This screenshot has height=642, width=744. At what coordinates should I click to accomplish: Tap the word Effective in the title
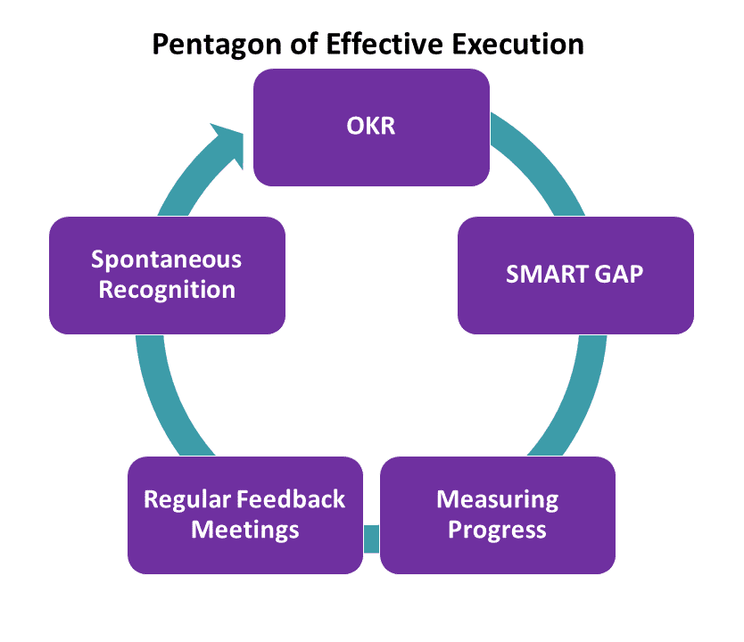pos(384,44)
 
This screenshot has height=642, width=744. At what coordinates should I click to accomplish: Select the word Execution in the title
pos(517,44)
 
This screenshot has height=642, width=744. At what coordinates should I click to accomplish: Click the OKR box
pos(371,128)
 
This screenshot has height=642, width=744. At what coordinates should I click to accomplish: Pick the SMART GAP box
pos(575,276)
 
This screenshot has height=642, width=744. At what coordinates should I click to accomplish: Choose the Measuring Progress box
pos(498,514)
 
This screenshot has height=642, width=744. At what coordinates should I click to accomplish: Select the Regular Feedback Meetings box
pos(245,514)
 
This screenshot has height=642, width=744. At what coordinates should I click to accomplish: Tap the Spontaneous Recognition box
pos(167,276)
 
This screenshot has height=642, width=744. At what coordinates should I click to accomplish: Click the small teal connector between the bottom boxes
pos(371,539)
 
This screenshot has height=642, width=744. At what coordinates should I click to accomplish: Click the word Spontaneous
pos(167,259)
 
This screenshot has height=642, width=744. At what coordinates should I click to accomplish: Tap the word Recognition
pos(167,290)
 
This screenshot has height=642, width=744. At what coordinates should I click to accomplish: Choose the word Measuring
pos(498,500)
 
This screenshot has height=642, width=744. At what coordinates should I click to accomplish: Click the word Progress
pos(497,531)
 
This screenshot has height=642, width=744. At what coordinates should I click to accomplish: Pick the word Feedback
pos(291,499)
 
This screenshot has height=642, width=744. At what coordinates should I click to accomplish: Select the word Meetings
pos(245,531)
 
